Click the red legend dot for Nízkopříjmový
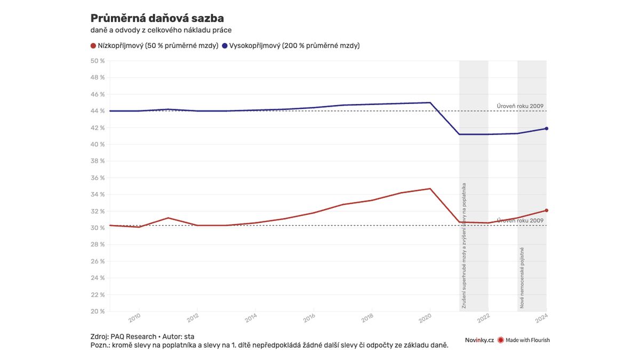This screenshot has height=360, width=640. (x=94, y=46)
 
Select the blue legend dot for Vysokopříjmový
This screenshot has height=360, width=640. (x=225, y=46)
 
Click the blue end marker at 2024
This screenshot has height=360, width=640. (x=547, y=129)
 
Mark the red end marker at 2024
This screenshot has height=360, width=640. (x=547, y=210)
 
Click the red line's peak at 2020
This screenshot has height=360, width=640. (x=430, y=188)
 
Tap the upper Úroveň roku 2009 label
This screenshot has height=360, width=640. (x=520, y=106)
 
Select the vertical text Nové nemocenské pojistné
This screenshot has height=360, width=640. (x=522, y=278)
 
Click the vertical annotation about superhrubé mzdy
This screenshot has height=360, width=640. (x=464, y=246)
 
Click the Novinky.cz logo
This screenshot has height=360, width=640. (x=479, y=340)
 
